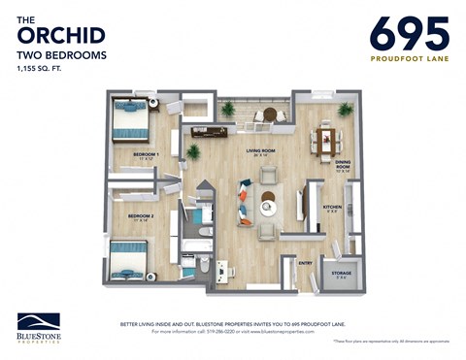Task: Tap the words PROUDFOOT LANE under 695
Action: pyautogui.click(x=409, y=58)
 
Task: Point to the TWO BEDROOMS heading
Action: pyautogui.click(x=61, y=56)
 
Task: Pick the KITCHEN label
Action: pyautogui.click(x=331, y=207)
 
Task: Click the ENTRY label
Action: pyautogui.click(x=305, y=262)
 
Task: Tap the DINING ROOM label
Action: pyautogui.click(x=342, y=164)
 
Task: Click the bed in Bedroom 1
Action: pyautogui.click(x=130, y=122)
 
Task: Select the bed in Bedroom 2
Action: pyautogui.click(x=127, y=260)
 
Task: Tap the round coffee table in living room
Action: pyautogui.click(x=268, y=207)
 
